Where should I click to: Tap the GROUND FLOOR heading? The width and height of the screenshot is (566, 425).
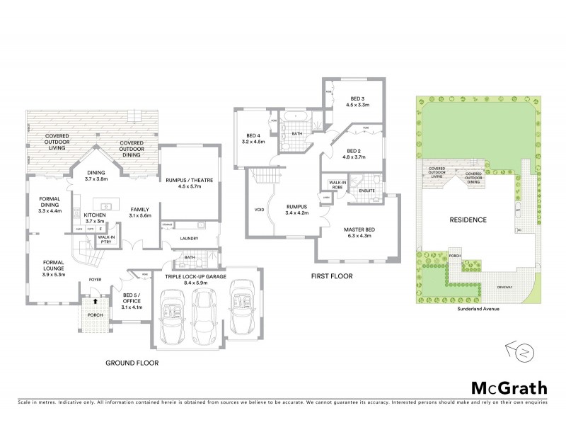132,363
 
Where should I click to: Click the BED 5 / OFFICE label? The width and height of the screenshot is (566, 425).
132,301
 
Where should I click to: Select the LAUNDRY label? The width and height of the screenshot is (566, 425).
190,239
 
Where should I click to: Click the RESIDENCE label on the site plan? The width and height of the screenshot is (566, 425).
468,220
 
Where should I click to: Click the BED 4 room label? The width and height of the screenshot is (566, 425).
255,138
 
